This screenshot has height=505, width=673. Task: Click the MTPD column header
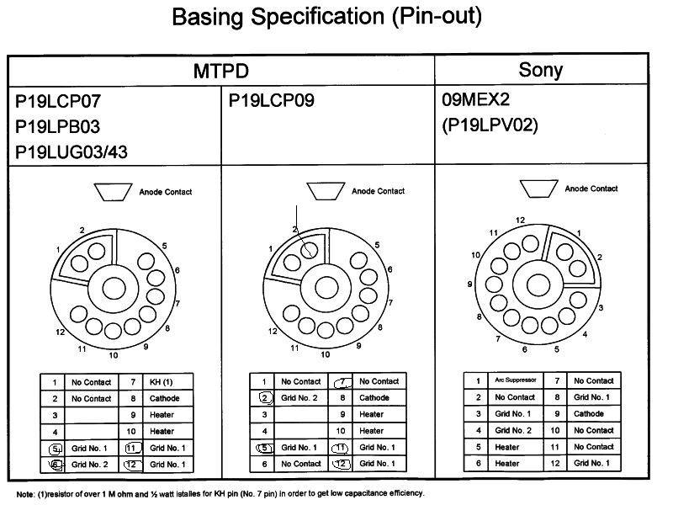coord(221,71)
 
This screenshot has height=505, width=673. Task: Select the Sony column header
coord(540,70)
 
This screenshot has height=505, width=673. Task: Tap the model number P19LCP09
coord(271,100)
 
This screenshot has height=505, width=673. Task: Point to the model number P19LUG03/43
coord(72,152)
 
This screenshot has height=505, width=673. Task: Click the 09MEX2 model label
coord(475,99)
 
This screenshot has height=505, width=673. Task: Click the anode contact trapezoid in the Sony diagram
coord(538,189)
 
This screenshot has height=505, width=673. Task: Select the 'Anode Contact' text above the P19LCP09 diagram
coord(378,191)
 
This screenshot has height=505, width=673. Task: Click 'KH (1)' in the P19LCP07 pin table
coord(161,382)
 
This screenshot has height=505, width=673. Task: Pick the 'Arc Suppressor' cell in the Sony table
coord(516,380)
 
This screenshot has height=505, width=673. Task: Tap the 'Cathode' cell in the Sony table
coord(588,413)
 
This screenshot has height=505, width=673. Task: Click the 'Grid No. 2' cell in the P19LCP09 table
coord(299,398)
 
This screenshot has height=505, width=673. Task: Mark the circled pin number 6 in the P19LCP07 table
coord(56,465)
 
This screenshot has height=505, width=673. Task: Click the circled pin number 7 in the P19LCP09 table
coord(342,381)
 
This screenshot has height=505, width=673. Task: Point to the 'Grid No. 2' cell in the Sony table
coord(513,430)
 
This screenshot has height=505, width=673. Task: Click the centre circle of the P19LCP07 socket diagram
coord(114,288)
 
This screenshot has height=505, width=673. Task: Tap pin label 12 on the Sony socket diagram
coord(520,221)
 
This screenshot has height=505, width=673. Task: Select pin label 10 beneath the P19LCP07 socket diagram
coord(114,355)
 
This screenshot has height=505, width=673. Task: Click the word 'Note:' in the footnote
coord(25,494)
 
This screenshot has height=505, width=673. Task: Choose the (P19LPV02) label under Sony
coord(490,125)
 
